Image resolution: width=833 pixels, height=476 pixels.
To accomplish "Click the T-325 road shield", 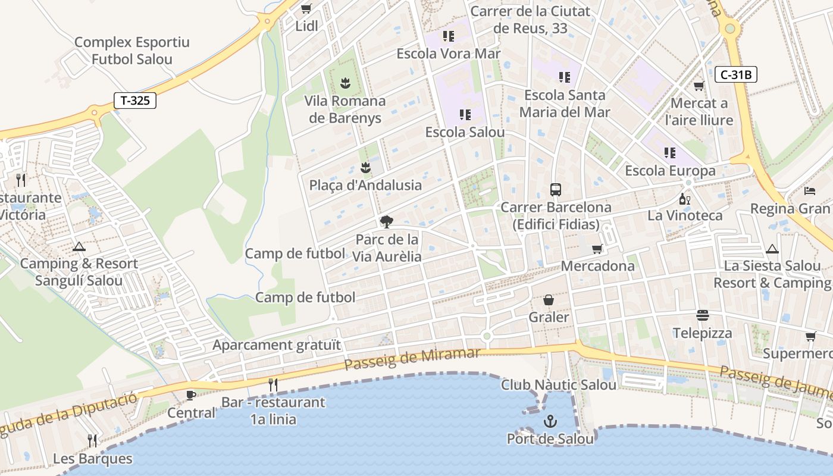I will coord(135,101).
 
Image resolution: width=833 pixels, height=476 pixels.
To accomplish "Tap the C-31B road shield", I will coord(735,74).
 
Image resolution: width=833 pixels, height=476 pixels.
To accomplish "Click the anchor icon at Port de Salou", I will coord(550,422).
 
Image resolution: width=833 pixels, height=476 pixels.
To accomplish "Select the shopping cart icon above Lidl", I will coord(306,9).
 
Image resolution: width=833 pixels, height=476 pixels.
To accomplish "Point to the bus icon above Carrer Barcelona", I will coord(556,190).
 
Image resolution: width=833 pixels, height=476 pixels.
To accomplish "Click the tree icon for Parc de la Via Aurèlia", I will coord(386,223).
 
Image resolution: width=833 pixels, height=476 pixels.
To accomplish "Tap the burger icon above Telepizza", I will coord(703,315).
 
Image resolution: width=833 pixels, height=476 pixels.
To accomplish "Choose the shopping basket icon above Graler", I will coord(549,300).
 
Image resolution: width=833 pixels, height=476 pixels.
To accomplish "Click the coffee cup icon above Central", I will coord(191,395).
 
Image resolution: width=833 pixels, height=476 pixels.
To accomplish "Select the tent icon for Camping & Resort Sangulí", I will coord(79,246).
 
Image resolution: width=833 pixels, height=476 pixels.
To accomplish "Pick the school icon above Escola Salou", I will coord(465,114).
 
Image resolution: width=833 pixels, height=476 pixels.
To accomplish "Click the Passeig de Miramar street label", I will coord(412,359).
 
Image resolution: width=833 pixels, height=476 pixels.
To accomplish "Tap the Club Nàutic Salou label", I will coord(558,385).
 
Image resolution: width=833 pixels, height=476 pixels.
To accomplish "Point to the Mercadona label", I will coord(597,266).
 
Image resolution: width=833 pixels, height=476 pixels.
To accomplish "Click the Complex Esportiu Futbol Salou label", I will coord(131,51).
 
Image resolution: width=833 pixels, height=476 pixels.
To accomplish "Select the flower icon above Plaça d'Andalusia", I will coord(365,168).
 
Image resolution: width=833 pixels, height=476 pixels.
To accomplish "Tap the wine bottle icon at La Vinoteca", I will coord(685,199).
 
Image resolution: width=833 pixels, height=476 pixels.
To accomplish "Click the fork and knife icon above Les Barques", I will coord(92,441).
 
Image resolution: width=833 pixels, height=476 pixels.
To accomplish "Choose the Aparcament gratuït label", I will coord(277,345).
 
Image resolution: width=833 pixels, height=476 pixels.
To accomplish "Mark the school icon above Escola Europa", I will coord(670,153).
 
